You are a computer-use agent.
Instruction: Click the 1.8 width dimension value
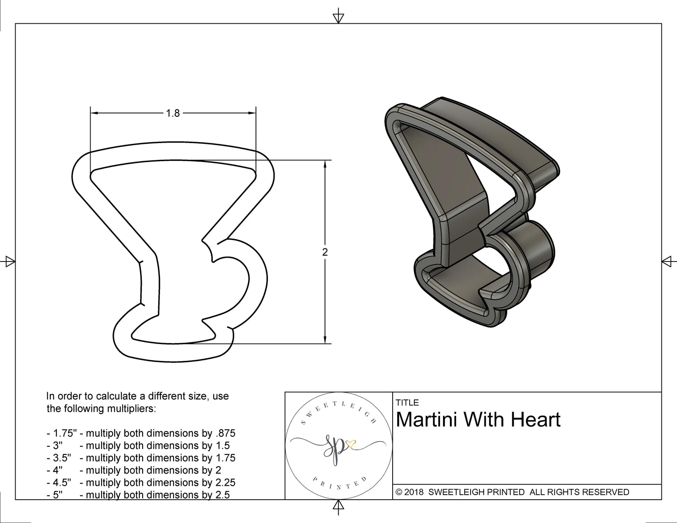coord(173,113)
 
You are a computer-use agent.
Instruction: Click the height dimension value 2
coord(325,252)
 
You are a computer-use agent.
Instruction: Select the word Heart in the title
coord(536,420)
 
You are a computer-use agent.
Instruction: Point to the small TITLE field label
coord(407,402)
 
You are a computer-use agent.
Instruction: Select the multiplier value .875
coord(225,433)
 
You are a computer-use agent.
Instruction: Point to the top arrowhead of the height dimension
coord(325,163)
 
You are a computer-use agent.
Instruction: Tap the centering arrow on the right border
coord(667,261)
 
